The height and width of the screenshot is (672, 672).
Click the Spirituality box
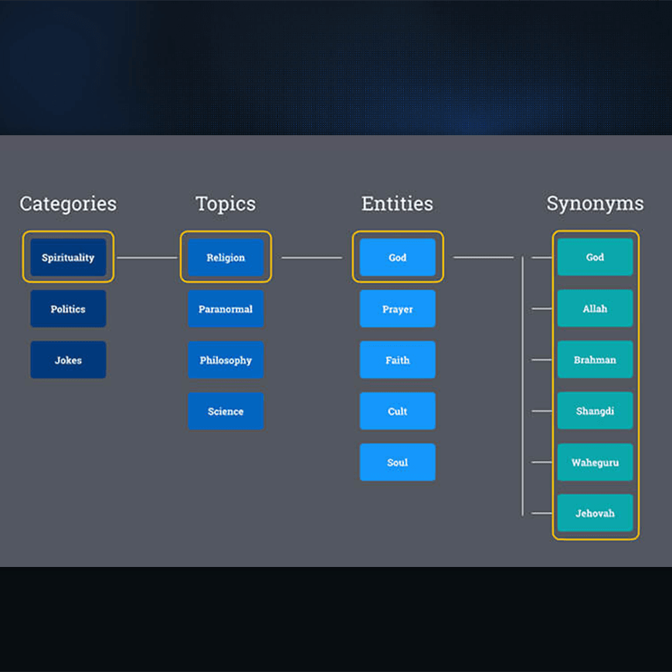(68, 257)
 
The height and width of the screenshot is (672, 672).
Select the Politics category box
(68, 308)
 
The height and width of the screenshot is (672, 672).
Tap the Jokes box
(68, 360)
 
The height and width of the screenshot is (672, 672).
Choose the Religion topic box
(226, 257)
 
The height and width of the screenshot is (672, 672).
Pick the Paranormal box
(226, 308)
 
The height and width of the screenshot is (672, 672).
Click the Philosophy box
(226, 360)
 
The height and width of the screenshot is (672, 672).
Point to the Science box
(226, 411)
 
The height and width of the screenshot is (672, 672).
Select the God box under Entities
(398, 257)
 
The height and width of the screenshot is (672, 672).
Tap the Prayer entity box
(398, 308)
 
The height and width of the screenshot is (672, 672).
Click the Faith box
(398, 360)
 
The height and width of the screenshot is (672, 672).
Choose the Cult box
(398, 411)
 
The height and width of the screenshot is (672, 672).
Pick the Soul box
(398, 462)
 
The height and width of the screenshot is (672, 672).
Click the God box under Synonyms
(596, 256)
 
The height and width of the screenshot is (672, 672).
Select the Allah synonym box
(596, 308)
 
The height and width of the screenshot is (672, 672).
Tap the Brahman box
(596, 359)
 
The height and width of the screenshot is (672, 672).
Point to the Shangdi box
(596, 411)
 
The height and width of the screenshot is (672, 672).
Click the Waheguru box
(596, 462)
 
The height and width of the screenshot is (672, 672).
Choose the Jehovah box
(596, 513)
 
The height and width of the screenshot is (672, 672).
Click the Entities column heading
(397, 204)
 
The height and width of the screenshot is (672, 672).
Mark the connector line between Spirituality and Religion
(147, 257)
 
